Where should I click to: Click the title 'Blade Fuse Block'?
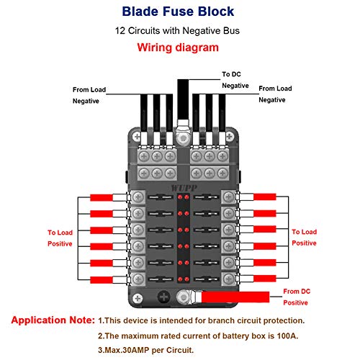tap(179, 12)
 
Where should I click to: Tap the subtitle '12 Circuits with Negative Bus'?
tap(179, 31)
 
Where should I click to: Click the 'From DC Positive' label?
tap(297, 297)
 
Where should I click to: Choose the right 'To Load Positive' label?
tap(304, 238)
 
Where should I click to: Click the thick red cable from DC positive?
tap(238, 296)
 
